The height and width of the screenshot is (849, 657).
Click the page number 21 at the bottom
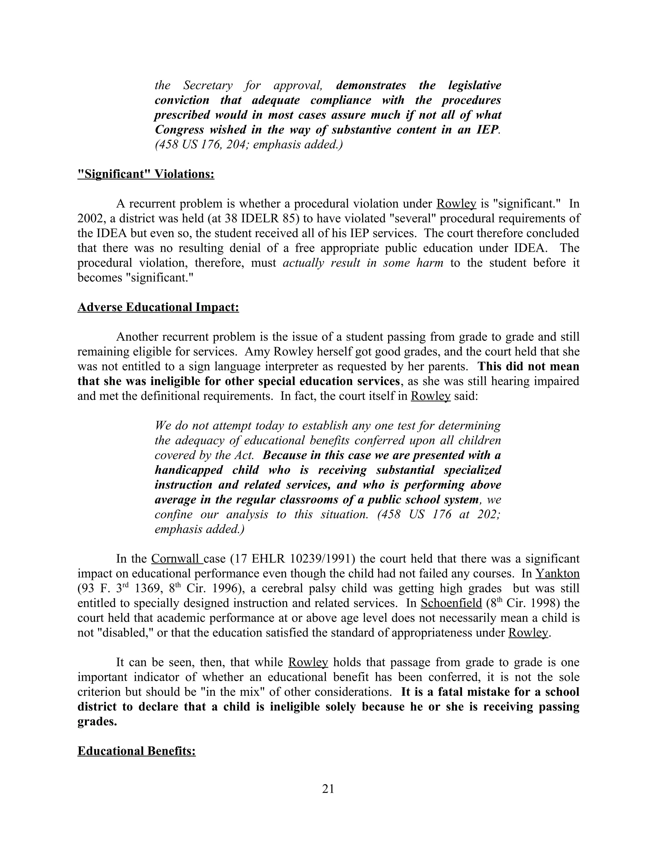328,789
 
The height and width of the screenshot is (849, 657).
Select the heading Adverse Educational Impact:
158,307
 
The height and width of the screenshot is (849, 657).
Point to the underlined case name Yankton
557,573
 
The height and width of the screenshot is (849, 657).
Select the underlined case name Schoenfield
451,603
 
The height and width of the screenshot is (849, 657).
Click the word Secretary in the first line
208,85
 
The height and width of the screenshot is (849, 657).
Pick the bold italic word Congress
179,129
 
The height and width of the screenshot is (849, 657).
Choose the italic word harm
429,263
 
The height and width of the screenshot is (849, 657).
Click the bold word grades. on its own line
97,721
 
